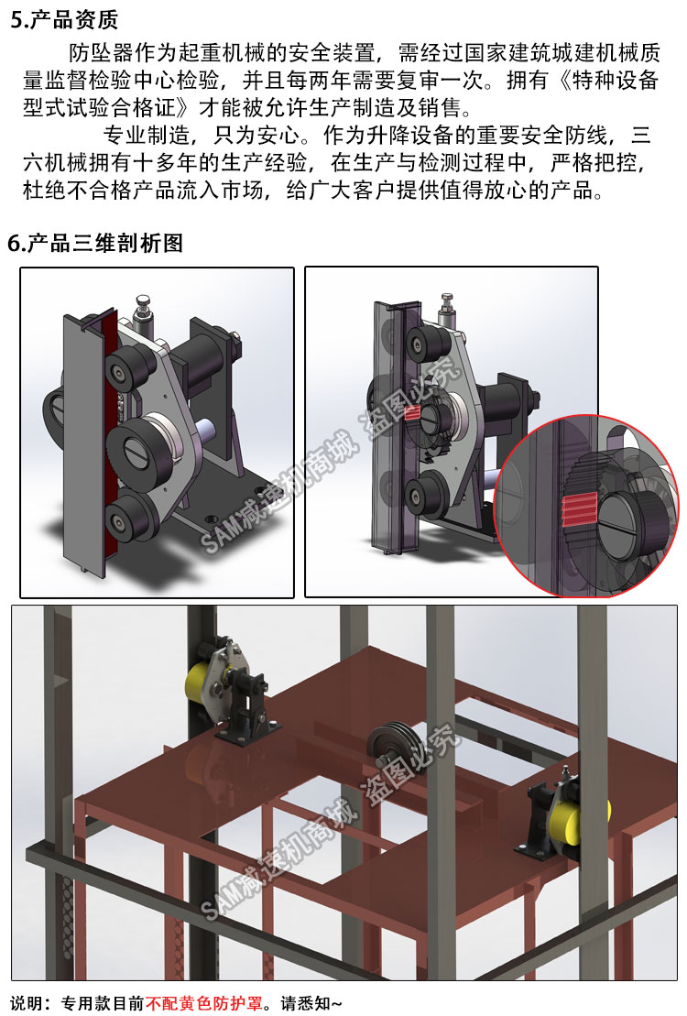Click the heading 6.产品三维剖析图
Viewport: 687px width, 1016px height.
95,243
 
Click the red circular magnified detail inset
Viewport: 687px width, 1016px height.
587,506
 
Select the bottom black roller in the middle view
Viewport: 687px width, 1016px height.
424,495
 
